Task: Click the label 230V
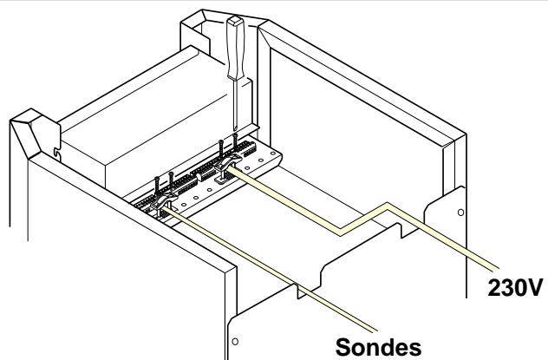(x=515, y=287)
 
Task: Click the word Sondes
(x=378, y=347)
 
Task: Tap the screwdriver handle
(x=235, y=48)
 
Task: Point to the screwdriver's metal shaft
(x=236, y=104)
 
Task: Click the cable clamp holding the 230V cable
(x=228, y=161)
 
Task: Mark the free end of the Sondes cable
(x=375, y=330)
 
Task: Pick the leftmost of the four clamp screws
(x=157, y=186)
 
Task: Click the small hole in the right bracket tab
(x=460, y=213)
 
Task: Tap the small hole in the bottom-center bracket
(x=235, y=341)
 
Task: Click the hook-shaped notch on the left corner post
(x=57, y=154)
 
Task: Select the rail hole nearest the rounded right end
(x=273, y=153)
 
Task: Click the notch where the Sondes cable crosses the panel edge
(x=301, y=290)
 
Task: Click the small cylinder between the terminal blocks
(x=200, y=176)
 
